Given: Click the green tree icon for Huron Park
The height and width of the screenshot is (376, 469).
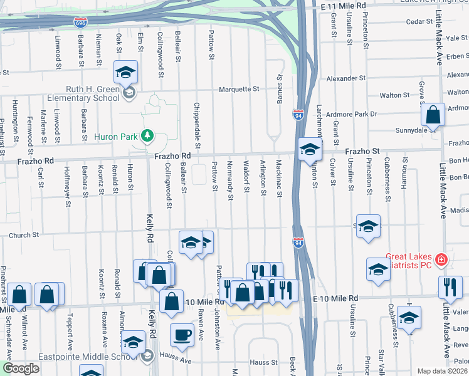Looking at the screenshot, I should [147, 135].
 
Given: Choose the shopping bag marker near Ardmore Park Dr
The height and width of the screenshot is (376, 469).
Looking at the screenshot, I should [433, 115].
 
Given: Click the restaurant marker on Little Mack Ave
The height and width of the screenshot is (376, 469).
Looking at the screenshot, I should [450, 288].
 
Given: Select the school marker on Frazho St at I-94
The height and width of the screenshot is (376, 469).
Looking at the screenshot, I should [310, 150].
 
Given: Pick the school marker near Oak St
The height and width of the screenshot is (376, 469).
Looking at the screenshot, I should [125, 73].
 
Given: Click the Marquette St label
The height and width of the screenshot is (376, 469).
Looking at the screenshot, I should [239, 90].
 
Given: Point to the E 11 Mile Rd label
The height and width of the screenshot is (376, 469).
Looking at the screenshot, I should [342, 6].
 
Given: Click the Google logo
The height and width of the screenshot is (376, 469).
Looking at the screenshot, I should [21, 368].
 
